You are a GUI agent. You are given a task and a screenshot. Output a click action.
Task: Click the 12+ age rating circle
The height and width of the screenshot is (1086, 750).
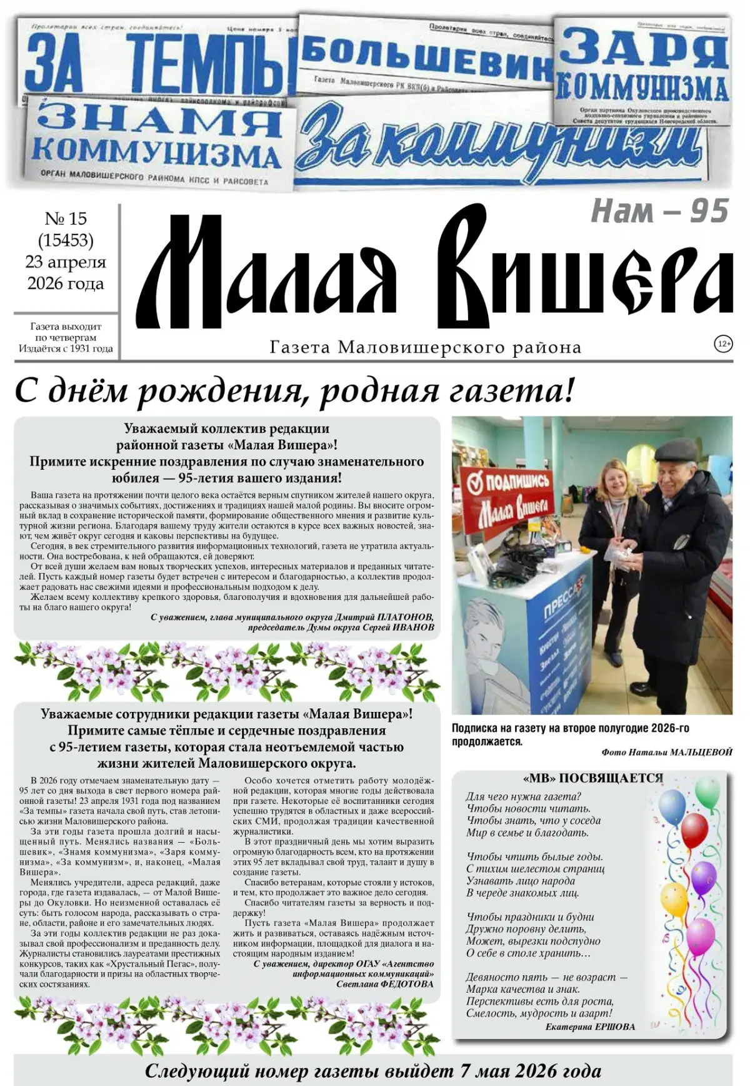pyautogui.click(x=723, y=344)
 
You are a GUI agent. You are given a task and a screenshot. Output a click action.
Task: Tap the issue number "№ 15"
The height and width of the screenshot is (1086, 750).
pyautogui.click(x=66, y=219)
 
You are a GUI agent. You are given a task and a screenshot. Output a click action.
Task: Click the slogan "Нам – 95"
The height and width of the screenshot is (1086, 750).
pyautogui.click(x=659, y=211)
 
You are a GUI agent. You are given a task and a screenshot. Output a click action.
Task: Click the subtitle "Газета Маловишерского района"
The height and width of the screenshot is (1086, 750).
pyautogui.click(x=425, y=347)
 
